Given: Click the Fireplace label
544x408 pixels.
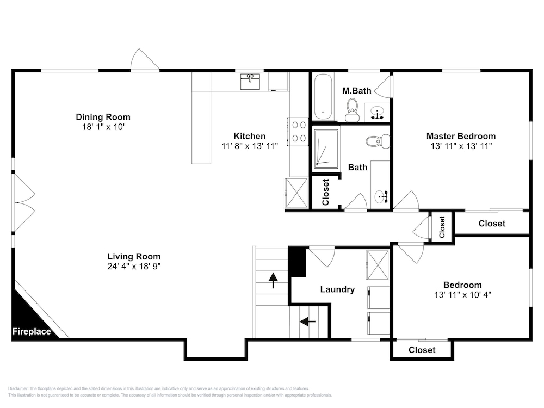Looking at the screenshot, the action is (32, 331).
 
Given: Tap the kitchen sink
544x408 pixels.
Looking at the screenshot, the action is (250, 82).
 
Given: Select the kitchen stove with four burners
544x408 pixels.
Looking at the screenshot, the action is (298, 132).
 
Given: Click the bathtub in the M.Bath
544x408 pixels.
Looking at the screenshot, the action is (323, 97).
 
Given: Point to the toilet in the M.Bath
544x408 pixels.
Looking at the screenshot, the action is (353, 110).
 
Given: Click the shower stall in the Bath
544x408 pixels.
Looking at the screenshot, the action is (326, 149).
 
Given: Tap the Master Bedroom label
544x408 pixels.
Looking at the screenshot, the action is (461, 136).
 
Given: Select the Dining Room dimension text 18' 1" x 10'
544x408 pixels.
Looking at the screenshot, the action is (103, 127).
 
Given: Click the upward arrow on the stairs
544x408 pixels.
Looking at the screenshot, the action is (274, 280).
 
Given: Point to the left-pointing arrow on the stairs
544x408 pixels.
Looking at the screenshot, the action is (307, 322).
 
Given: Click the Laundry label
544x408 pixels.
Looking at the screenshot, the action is (337, 289).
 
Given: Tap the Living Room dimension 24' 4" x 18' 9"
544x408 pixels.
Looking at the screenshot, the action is (134, 266).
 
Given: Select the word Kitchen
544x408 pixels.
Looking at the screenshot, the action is (250, 136).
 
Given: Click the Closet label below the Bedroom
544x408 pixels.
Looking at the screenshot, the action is (422, 350).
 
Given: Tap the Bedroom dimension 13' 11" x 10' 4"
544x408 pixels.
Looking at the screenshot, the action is (462, 294).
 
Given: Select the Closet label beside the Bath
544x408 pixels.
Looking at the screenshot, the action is (325, 192).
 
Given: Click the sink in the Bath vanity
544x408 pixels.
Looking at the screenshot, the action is (381, 197).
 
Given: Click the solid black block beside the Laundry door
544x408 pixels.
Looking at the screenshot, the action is (296, 261).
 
